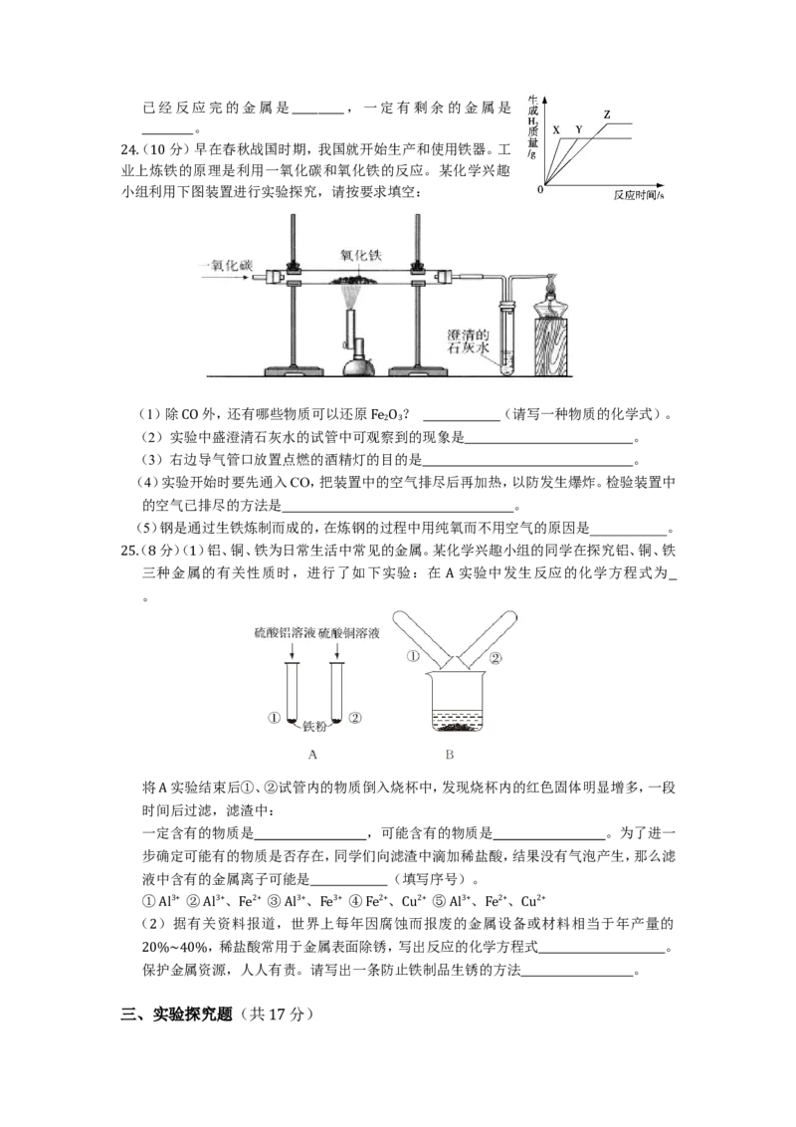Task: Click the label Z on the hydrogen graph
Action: tap(607, 114)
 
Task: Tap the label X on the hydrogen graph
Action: tap(556, 130)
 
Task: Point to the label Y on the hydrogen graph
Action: tap(579, 130)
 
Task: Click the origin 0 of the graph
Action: tap(540, 190)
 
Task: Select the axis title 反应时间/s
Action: tap(639, 195)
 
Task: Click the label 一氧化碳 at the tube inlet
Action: tap(226, 265)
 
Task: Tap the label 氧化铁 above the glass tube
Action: tap(361, 255)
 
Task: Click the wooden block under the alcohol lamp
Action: tap(552, 346)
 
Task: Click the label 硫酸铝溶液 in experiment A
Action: tap(286, 633)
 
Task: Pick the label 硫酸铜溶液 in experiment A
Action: tap(349, 633)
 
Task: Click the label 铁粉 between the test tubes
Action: tap(314, 727)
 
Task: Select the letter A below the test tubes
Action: tap(311, 755)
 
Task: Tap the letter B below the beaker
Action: tap(450, 755)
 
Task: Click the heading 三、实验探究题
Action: tap(177, 1014)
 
